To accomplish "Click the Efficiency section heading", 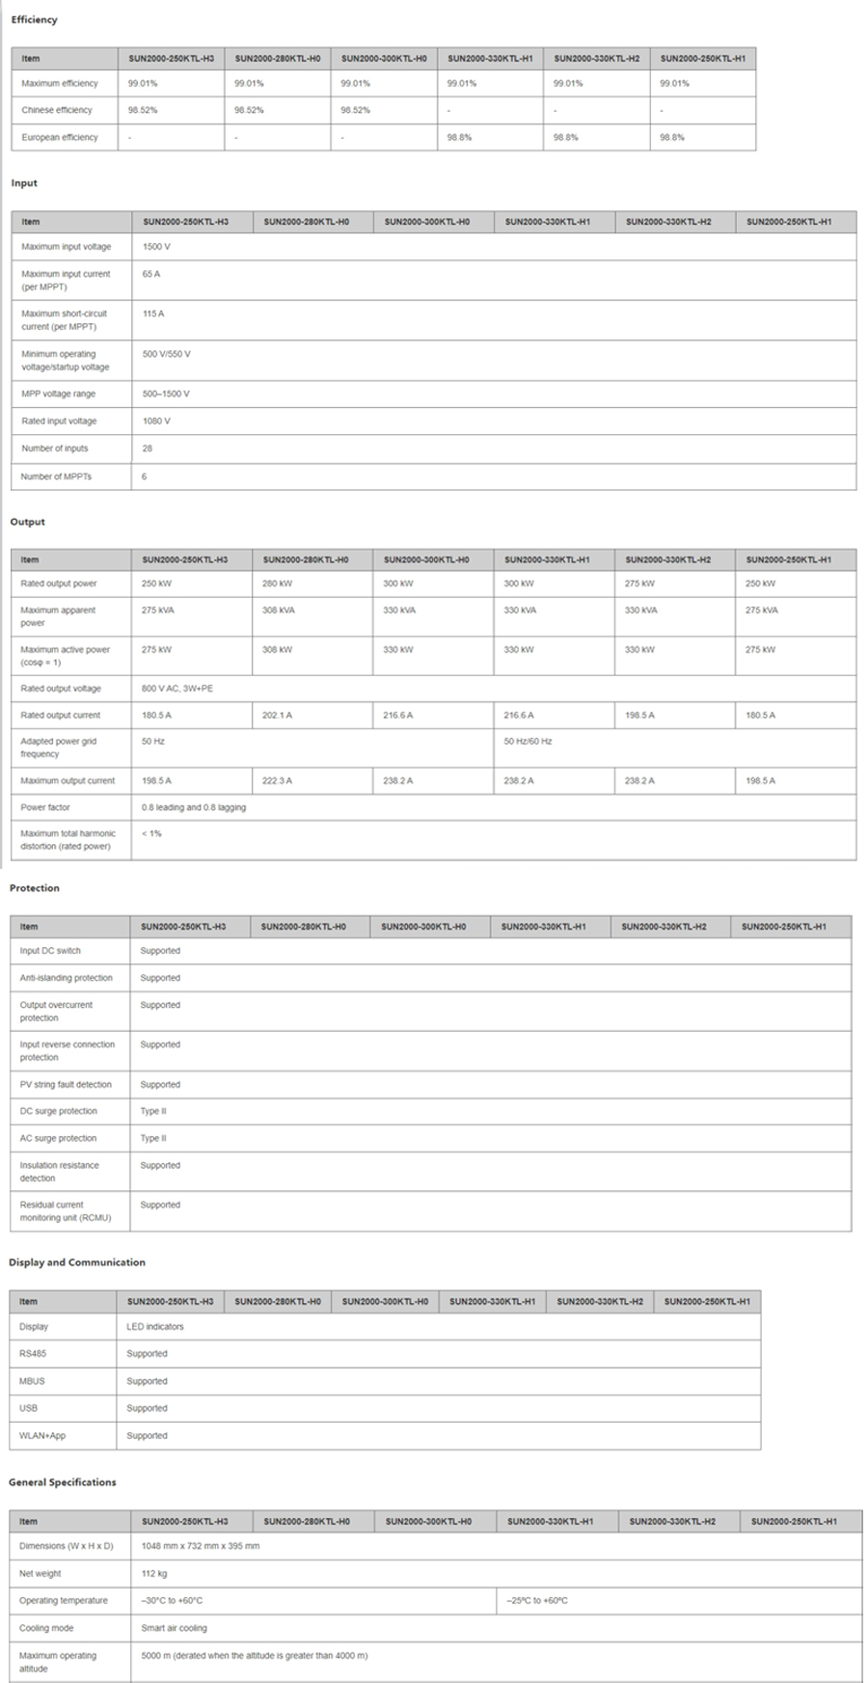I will pos(34,19).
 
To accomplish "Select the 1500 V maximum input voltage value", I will pos(156,247).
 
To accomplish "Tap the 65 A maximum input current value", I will pos(151,274).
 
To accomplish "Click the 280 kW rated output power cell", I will pos(277,584).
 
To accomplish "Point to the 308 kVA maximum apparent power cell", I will pos(279,611).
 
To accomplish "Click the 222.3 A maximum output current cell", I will pos(277,781).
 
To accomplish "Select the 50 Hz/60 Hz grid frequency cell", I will pos(528,742).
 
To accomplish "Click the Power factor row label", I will pos(45,807).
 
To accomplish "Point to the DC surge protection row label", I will pos(59,1111).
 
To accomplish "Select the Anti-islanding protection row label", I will pos(67,978).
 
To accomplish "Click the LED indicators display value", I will pos(154,1327).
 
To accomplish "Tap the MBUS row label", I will pos(32,1381).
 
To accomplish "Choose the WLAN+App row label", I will pos(42,1436).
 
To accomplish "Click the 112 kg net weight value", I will pos(154,1573).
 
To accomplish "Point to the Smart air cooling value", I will pos(174,1628).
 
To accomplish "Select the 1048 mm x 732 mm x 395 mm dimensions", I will pos(200,1546).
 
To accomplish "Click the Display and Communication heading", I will pos(77,1262).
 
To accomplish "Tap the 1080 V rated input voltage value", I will pos(156,421).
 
